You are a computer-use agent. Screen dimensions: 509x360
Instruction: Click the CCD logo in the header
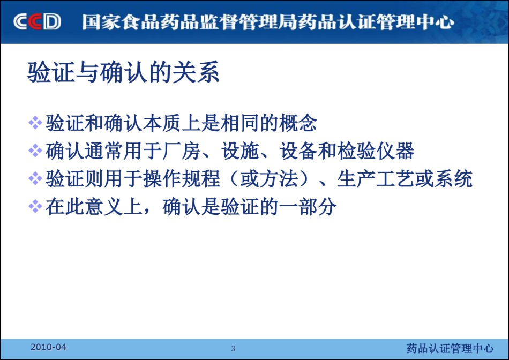pos(37,22)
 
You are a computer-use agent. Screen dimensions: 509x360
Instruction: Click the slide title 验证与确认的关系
pos(123,72)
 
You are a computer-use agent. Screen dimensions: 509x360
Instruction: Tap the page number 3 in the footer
pos(233,349)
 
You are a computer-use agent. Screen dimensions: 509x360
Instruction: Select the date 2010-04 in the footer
pos(48,347)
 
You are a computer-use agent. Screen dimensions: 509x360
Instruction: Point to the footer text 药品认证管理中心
pos(450,348)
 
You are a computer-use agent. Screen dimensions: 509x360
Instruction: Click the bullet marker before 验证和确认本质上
pos(35,123)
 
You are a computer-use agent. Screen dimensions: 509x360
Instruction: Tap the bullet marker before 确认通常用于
pos(35,151)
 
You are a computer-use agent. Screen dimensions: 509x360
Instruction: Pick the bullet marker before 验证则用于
pos(35,178)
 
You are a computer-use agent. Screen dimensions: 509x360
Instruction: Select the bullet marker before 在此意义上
pos(35,206)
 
